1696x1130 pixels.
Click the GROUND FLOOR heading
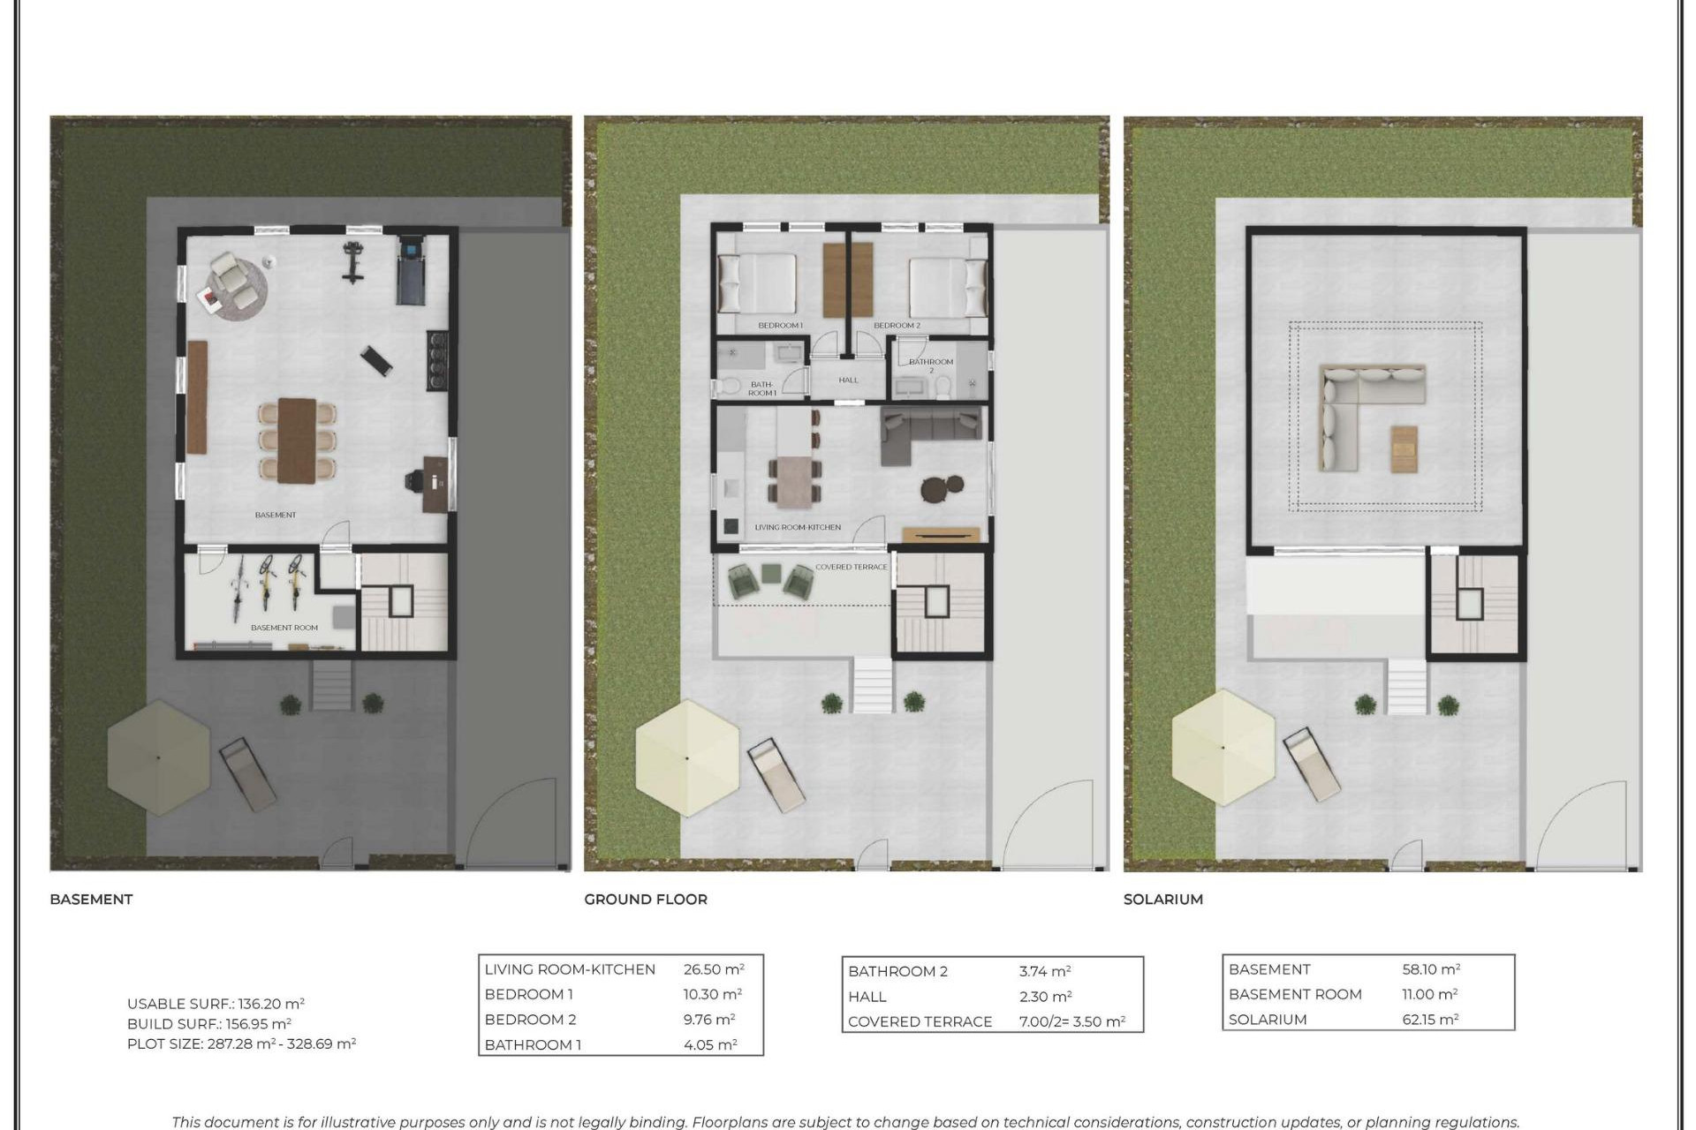[x=645, y=899]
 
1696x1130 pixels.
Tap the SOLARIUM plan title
[x=1162, y=899]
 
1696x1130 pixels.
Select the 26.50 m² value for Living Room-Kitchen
[x=713, y=969]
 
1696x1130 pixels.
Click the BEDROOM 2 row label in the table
[x=530, y=1020]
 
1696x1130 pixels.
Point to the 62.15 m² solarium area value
[x=1430, y=1020]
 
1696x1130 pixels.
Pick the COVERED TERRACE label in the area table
[x=920, y=1021]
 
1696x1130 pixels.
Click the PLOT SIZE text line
[x=241, y=1043]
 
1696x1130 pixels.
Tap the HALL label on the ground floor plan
[x=848, y=380]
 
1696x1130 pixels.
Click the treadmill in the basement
[x=410, y=269]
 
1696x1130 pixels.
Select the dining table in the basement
[x=297, y=440]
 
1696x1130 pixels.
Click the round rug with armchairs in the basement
[x=236, y=284]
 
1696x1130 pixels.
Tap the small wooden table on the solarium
[x=1404, y=448]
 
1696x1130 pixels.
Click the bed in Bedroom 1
[x=758, y=284]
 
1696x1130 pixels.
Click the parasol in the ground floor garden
[x=687, y=757]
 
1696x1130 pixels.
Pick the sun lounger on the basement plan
[x=247, y=775]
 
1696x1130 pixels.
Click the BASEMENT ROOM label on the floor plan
[x=284, y=628]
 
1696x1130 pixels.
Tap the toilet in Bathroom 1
[x=729, y=386]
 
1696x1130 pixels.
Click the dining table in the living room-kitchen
[x=794, y=482]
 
